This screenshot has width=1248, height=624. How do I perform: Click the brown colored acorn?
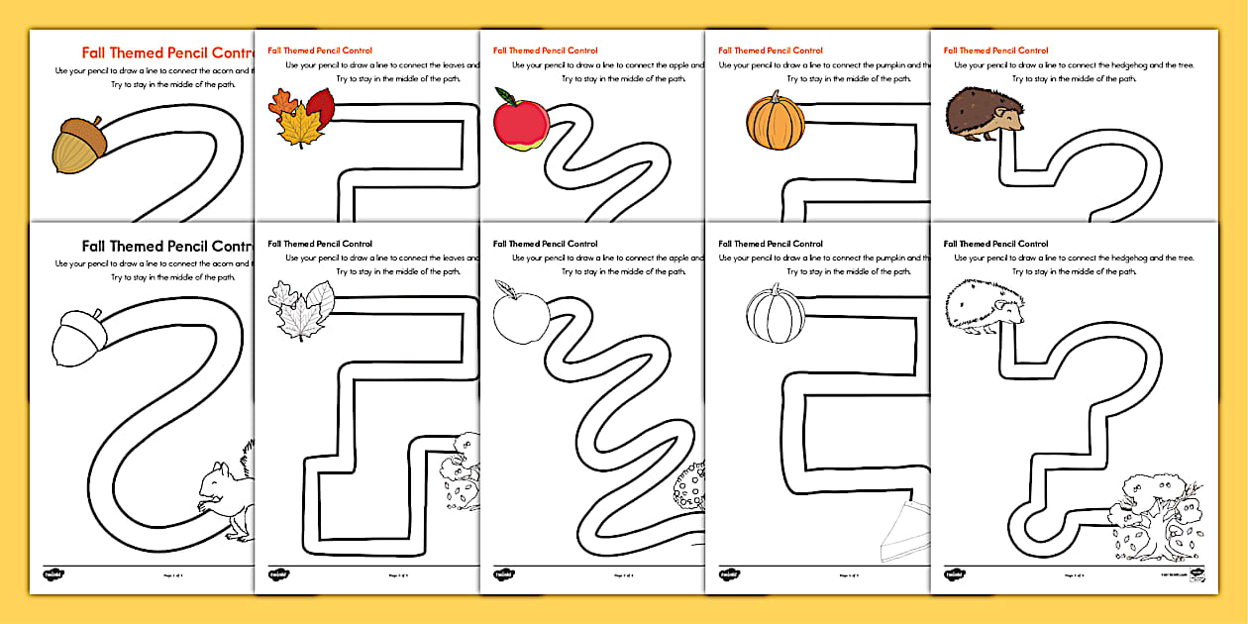[x=77, y=146]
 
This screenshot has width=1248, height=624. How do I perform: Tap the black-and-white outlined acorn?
[x=77, y=339]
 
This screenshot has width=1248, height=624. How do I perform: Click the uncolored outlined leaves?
[x=301, y=309]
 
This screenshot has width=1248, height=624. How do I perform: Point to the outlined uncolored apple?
[x=521, y=316]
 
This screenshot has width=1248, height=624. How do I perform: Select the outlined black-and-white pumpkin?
[x=775, y=315]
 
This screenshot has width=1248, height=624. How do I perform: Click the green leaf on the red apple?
[x=506, y=96]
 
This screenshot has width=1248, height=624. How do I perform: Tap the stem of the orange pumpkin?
[x=776, y=96]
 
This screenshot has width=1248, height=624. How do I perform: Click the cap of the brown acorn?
[x=82, y=130]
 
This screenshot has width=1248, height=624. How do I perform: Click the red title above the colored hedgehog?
[x=995, y=51]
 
